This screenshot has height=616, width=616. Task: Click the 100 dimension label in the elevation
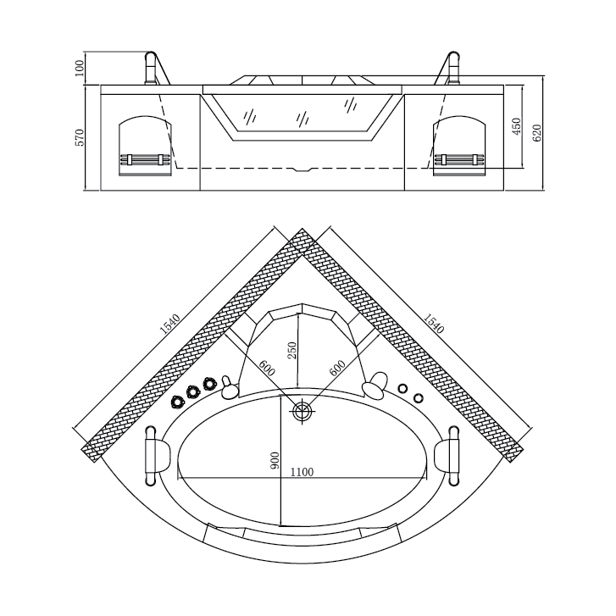pyautogui.click(x=80, y=68)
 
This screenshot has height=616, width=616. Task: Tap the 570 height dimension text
pyautogui.click(x=80, y=137)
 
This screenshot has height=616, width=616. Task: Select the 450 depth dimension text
pyautogui.click(x=517, y=126)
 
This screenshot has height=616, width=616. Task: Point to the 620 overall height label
pyautogui.click(x=537, y=133)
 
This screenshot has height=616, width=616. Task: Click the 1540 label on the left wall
pyautogui.click(x=170, y=324)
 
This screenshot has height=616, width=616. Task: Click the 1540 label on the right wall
pyautogui.click(x=434, y=324)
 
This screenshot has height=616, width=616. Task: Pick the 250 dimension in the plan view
pyautogui.click(x=292, y=351)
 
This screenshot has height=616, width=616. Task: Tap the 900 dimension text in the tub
pyautogui.click(x=275, y=460)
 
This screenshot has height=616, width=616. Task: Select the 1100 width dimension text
pyautogui.click(x=302, y=472)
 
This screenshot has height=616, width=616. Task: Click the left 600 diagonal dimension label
pyautogui.click(x=267, y=368)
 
